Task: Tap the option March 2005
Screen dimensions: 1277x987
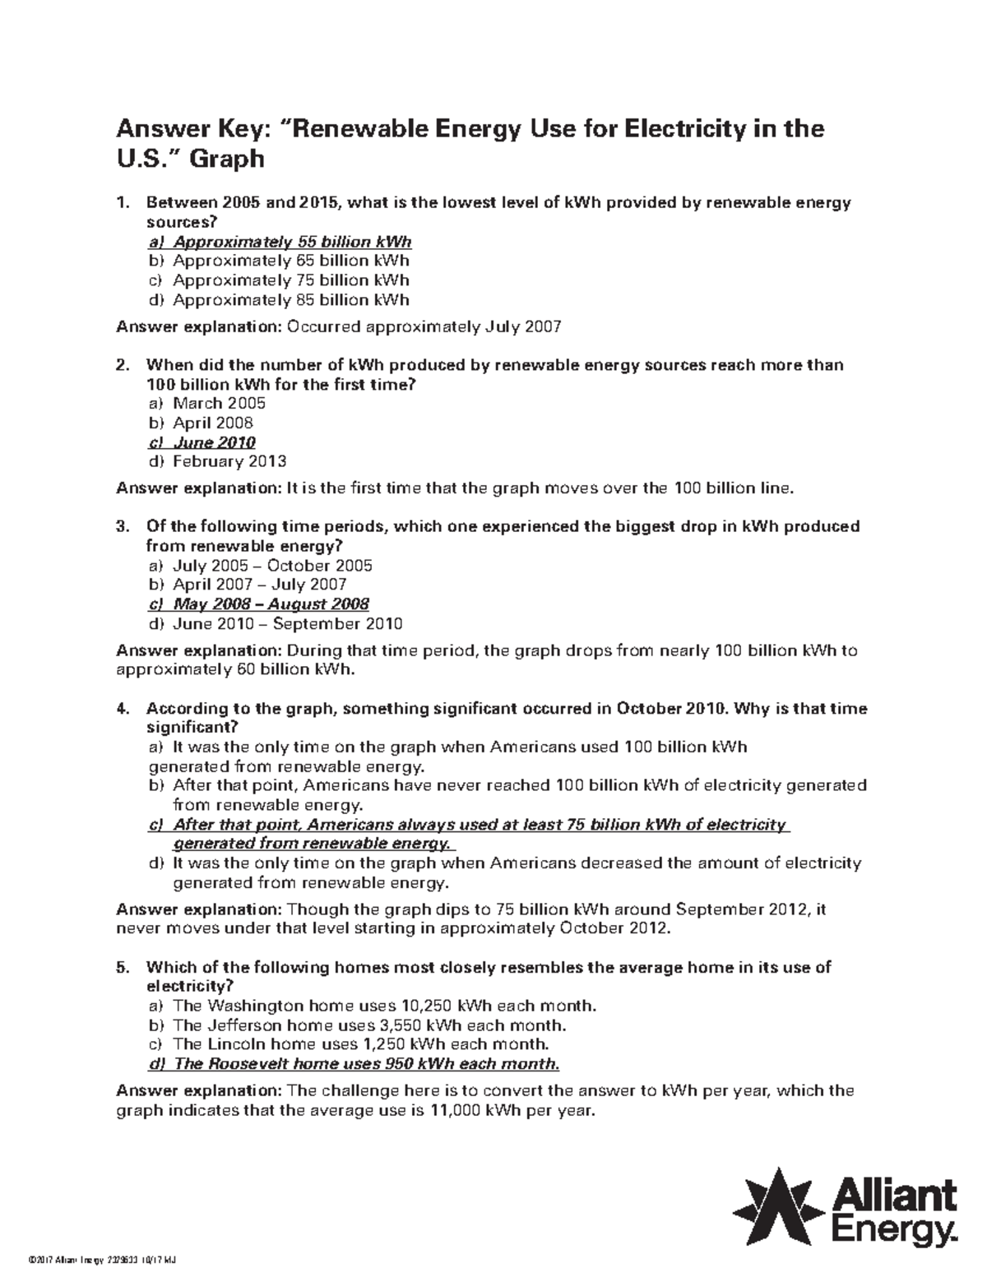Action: (220, 403)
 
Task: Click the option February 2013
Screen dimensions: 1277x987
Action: (229, 461)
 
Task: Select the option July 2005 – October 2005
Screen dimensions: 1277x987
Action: (272, 566)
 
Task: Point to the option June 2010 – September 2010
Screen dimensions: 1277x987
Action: (287, 623)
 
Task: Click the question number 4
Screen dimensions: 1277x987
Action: (122, 709)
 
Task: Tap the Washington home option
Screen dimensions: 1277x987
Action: (372, 1006)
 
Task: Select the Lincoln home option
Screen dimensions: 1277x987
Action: (349, 1044)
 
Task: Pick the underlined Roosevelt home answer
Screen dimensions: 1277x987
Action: (354, 1064)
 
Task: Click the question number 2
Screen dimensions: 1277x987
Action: (122, 364)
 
